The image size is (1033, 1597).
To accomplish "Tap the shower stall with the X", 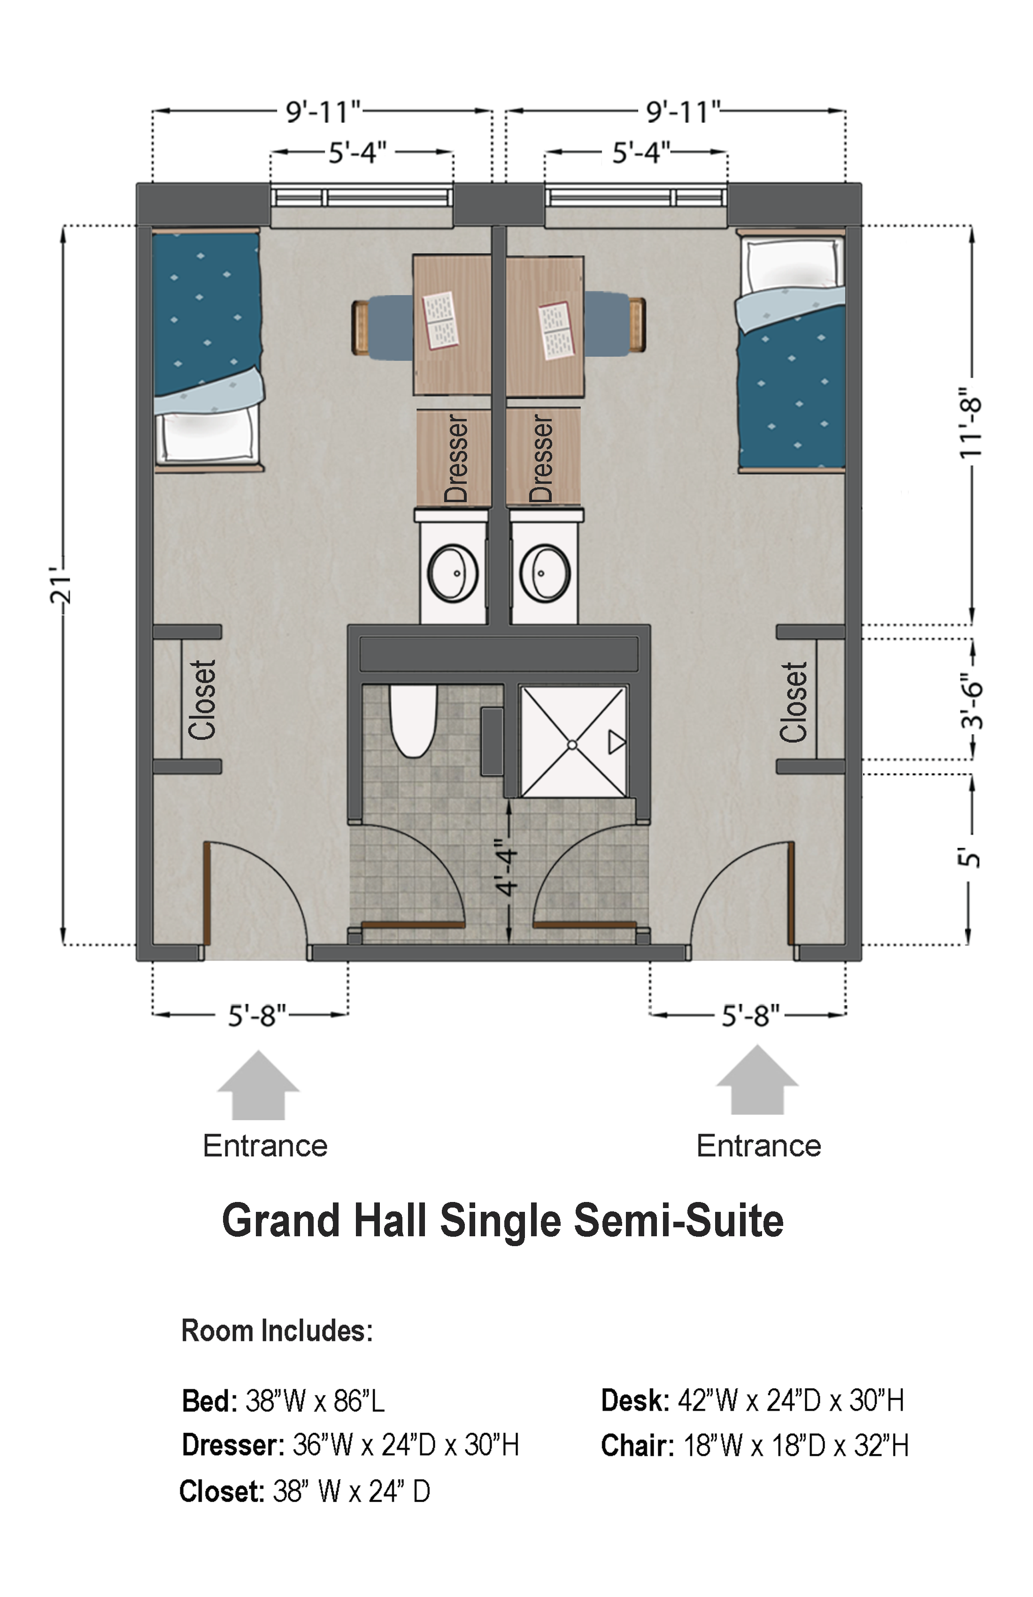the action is (x=573, y=742).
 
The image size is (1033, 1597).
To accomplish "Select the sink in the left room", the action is (x=453, y=574).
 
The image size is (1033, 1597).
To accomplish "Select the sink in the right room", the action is (x=545, y=574).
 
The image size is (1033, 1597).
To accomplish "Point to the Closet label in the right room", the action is (x=794, y=702).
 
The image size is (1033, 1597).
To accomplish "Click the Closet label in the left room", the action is (x=202, y=700).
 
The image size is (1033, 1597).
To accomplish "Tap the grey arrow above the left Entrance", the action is (x=258, y=1085).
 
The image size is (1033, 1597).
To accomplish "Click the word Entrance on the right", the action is (x=759, y=1146).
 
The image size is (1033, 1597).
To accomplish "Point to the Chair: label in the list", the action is (x=637, y=1446).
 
